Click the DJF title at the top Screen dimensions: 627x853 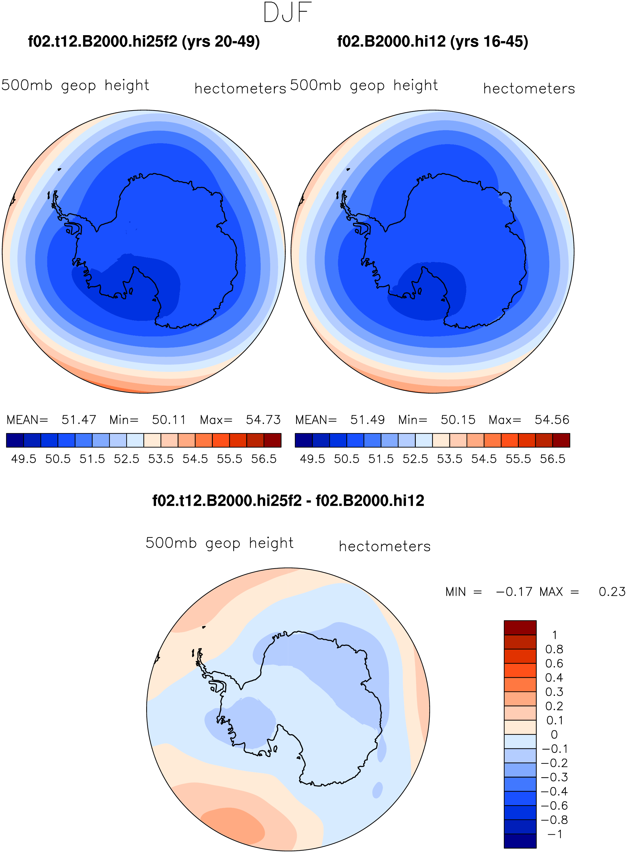(287, 12)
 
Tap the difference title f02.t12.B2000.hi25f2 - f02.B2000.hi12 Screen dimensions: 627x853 (288, 501)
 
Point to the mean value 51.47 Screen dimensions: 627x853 (79, 420)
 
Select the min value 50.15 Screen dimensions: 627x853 (458, 420)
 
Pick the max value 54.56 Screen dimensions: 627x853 (552, 420)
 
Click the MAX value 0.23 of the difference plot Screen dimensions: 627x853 (612, 592)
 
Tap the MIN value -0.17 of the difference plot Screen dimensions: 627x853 (515, 592)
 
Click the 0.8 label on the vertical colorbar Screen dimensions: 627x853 (554, 649)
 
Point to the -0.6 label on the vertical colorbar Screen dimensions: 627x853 (554, 805)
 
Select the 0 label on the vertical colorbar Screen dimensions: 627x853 (554, 735)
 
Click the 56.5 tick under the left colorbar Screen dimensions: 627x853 (264, 459)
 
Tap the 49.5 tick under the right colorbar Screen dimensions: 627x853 (312, 459)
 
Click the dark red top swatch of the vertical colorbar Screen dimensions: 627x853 (520, 628)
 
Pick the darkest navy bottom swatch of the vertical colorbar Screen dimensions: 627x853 (520, 841)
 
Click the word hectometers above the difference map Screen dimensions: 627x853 (385, 546)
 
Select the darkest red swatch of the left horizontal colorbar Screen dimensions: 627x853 (272, 440)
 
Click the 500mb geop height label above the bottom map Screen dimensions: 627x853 (219, 543)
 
